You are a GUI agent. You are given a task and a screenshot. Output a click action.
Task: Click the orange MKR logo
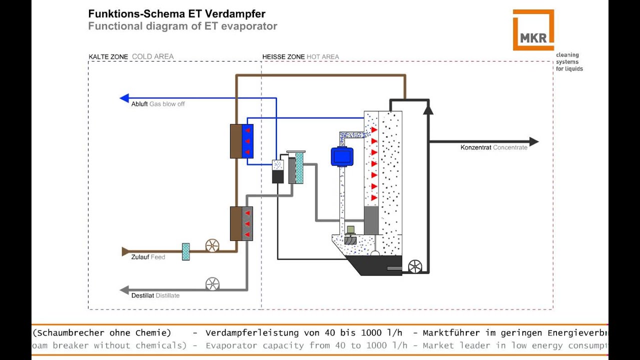pos(533,30)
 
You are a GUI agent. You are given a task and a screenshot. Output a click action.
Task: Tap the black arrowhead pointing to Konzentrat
pos(533,142)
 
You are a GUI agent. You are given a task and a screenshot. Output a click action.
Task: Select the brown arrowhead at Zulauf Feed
pos(125,251)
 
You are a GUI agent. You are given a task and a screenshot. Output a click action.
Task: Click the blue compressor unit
pos(342,156)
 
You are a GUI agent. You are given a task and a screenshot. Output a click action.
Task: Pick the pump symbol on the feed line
pos(212,245)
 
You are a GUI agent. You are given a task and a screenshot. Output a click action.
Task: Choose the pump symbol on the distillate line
pos(212,284)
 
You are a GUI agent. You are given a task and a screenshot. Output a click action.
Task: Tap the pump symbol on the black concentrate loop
pos(415,267)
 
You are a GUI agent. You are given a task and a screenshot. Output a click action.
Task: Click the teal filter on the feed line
pos(185,251)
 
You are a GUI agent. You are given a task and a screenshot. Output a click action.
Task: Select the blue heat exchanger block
pos(247,141)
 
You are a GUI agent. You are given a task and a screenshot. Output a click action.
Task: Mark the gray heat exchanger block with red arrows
pos(247,223)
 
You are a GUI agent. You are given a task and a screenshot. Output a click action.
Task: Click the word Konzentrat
pos(475,147)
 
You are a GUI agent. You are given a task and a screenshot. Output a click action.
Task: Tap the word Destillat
pos(142,295)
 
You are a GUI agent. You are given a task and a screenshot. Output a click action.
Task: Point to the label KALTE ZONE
pos(108,57)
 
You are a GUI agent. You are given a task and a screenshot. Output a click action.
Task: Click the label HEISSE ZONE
pos(283,57)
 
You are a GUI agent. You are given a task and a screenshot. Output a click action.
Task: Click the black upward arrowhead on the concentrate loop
pos(428,109)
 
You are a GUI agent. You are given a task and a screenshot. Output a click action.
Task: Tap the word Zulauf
pos(140,257)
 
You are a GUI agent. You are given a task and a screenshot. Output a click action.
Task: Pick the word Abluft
pos(139,104)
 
